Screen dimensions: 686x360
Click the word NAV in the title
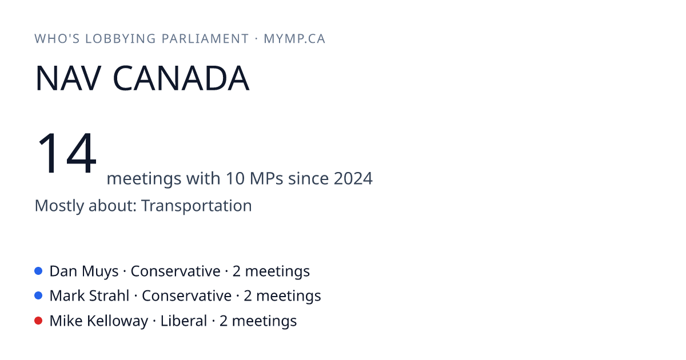tap(68, 78)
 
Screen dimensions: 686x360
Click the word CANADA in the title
tap(181, 78)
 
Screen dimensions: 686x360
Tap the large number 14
tap(66, 153)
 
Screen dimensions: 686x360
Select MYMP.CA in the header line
tap(294, 39)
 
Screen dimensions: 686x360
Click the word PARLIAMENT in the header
tap(205, 39)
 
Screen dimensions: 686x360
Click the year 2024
tap(353, 178)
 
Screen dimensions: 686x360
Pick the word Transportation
tap(197, 205)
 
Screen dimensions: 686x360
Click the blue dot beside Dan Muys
tap(38, 271)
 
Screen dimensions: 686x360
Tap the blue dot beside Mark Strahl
tap(38, 295)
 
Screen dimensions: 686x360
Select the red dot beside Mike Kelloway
tap(38, 321)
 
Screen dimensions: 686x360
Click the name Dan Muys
tap(84, 271)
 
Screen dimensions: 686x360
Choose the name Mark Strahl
tap(89, 296)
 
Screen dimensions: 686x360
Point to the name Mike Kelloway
tap(99, 321)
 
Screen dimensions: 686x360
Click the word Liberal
tap(184, 321)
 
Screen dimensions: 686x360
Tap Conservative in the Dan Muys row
tap(176, 271)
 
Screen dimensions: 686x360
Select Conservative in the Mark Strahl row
tap(186, 296)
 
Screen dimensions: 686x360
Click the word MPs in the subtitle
tap(266, 178)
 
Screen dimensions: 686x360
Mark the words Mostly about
tap(86, 205)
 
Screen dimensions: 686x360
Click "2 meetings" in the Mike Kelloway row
tap(258, 321)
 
